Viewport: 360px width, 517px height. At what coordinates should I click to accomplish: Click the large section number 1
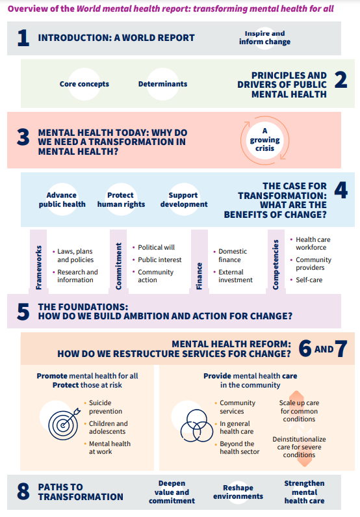(x=23, y=38)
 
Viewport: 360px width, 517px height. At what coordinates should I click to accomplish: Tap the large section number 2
(x=341, y=80)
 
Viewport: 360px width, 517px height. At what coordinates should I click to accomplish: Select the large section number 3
(x=23, y=137)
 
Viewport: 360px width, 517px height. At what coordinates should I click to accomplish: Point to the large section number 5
(x=23, y=312)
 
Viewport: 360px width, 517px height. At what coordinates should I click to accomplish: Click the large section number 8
(x=23, y=492)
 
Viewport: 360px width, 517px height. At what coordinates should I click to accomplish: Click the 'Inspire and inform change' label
(x=265, y=38)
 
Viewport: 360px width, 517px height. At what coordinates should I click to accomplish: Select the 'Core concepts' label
(x=84, y=84)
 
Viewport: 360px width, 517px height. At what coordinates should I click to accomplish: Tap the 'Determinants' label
(x=162, y=84)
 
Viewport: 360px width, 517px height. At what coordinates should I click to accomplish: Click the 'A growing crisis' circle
(x=265, y=140)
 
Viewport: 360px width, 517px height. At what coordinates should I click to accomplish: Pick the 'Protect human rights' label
(x=121, y=200)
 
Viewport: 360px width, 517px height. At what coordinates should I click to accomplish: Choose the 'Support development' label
(x=184, y=200)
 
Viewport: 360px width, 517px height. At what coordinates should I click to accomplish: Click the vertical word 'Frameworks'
(x=39, y=268)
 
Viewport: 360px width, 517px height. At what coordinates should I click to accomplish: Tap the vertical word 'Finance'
(x=199, y=276)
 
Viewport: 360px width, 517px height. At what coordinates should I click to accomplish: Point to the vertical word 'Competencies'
(x=276, y=265)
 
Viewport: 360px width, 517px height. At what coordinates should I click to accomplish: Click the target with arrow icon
(x=64, y=424)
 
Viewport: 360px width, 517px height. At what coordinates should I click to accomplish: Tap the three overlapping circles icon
(x=197, y=426)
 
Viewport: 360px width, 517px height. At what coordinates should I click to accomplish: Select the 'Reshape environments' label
(x=238, y=492)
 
